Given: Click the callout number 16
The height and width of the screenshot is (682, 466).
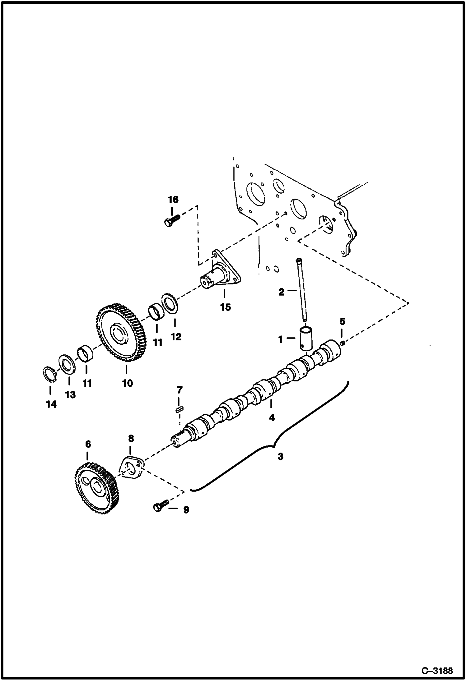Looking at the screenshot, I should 173,199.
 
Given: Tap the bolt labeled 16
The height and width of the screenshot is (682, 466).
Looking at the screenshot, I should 171,221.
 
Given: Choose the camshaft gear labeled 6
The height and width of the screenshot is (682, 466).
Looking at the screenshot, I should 96,490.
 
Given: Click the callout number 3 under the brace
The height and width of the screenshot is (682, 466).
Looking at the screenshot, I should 280,457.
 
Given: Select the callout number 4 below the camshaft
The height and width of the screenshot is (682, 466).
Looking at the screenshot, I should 272,417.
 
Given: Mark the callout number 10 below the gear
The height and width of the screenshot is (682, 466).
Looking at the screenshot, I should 127,383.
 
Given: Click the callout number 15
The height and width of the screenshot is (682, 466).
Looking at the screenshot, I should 225,307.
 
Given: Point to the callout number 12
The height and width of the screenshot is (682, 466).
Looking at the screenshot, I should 176,337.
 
